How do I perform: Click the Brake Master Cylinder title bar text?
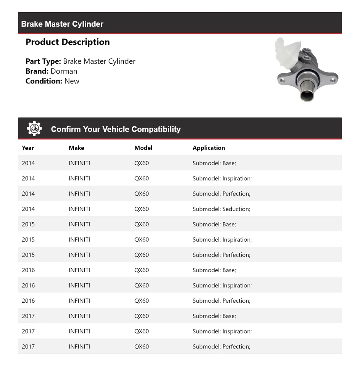pos(62,24)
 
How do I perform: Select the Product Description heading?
pos(68,42)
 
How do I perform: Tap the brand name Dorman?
pos(64,71)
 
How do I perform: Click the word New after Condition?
pos(72,81)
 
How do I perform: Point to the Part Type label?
pos(43,61)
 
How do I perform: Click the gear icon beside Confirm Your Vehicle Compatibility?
pos(34,128)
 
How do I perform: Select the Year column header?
pos(28,148)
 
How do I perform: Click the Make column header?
pos(76,148)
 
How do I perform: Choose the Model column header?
pos(143,148)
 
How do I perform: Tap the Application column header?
pos(209,148)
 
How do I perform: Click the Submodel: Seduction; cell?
pos(221,209)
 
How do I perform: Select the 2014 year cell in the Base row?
pos(28,163)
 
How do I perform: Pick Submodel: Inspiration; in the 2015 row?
pos(222,239)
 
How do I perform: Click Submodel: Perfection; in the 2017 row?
pos(221,347)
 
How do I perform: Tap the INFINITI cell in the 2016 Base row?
pos(79,270)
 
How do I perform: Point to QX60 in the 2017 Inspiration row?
pos(142,331)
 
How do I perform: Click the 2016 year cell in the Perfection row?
pos(28,301)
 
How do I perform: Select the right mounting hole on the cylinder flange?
pos(333,80)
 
